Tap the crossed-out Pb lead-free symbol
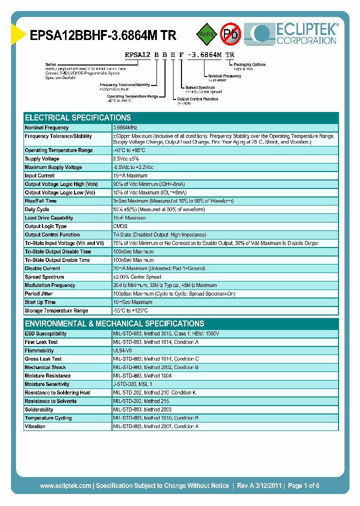tap(231, 34)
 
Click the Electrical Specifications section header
tap(78, 118)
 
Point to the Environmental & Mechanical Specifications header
tap(114, 323)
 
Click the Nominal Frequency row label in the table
tap(46, 128)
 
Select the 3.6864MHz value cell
tap(125, 128)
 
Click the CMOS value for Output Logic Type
tap(120, 226)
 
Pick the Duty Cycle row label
tap(37, 209)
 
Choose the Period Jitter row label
tap(38, 294)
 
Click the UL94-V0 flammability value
tap(122, 350)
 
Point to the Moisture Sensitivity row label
tap(47, 384)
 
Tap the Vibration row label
tap(35, 426)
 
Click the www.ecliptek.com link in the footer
tap(65, 485)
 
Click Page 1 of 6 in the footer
tap(303, 485)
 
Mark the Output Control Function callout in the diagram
tap(197, 99)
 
